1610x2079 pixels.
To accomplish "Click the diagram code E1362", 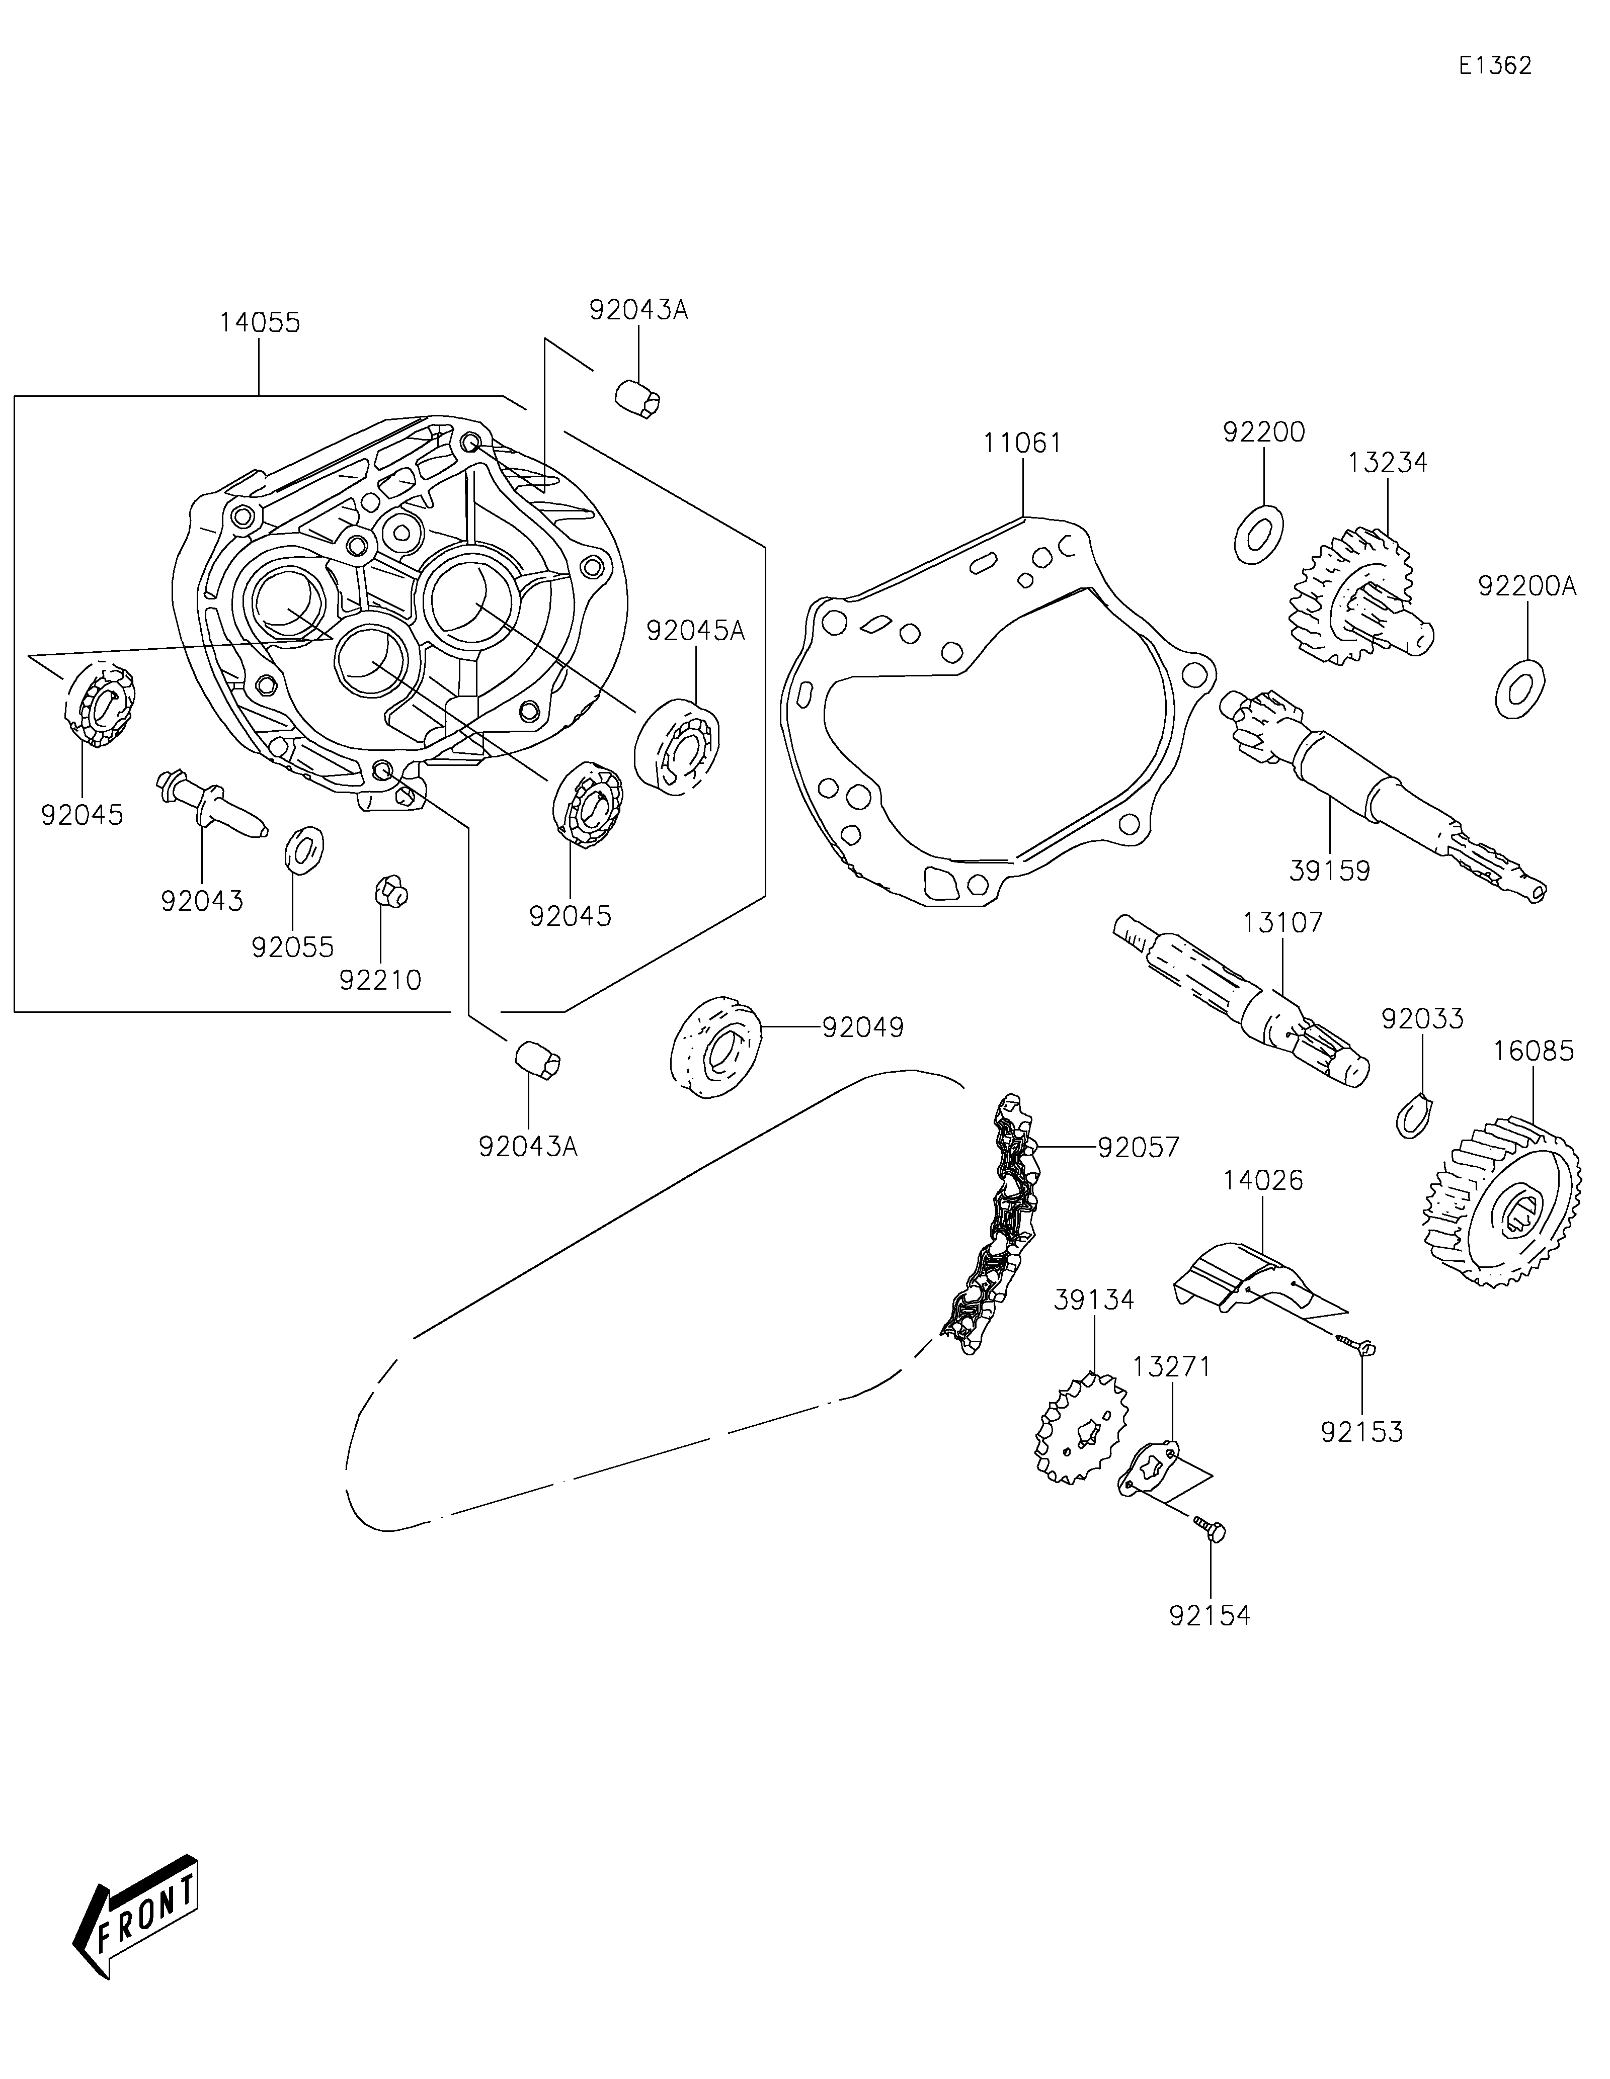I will [x=1495, y=66].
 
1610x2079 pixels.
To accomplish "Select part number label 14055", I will [x=259, y=323].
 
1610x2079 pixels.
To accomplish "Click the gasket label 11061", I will [x=1022, y=443].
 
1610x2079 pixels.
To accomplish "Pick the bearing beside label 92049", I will [x=715, y=1047].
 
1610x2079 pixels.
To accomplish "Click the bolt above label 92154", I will [x=1210, y=1529].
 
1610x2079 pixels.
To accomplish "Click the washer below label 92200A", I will [x=1519, y=689].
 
